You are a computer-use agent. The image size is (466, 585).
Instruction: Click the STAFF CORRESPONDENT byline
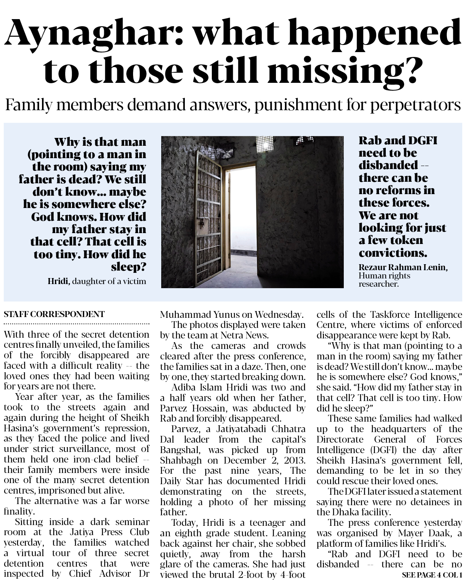54,314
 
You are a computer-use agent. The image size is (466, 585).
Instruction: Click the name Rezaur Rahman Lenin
403,267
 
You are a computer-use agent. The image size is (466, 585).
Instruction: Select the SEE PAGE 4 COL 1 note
432,575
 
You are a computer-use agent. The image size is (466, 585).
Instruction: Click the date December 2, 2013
266,460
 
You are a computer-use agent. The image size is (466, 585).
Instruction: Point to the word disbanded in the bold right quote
388,165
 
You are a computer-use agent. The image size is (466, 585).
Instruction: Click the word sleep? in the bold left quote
129,267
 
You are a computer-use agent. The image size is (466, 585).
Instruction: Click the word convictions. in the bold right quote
393,253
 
